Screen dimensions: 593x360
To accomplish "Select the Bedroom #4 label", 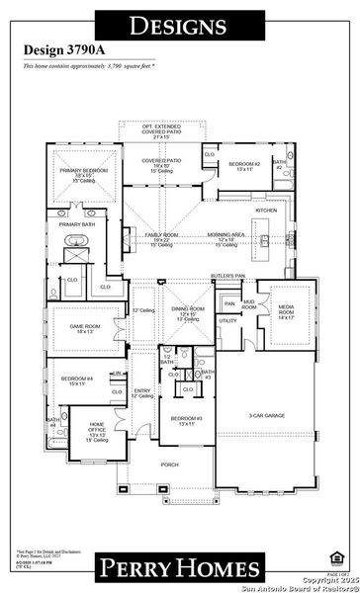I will (75, 380).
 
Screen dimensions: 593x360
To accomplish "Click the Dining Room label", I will (187, 311).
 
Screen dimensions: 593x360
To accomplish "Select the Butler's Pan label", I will (227, 275).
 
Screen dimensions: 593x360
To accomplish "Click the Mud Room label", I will (249, 305).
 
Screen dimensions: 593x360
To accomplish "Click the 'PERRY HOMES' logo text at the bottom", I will (179, 566).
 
